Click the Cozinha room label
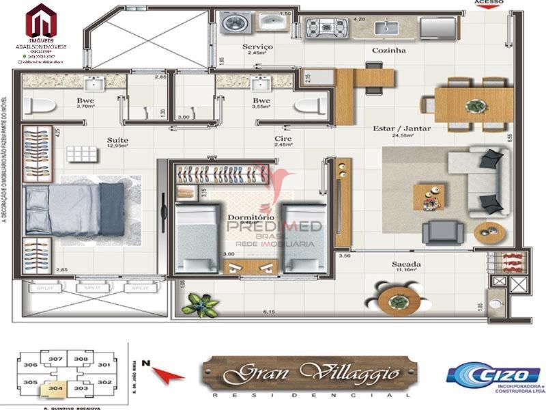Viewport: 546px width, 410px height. [x=388, y=51]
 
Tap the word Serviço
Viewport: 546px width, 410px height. [x=257, y=46]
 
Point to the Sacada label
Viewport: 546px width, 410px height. [x=405, y=264]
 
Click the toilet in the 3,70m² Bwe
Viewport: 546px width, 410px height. [x=42, y=106]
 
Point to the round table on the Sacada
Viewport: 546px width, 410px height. [x=394, y=299]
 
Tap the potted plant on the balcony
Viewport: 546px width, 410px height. [x=203, y=301]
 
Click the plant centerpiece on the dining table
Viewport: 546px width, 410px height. [x=472, y=105]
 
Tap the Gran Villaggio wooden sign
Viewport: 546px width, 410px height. [x=309, y=373]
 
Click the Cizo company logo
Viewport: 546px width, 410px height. [x=492, y=376]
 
